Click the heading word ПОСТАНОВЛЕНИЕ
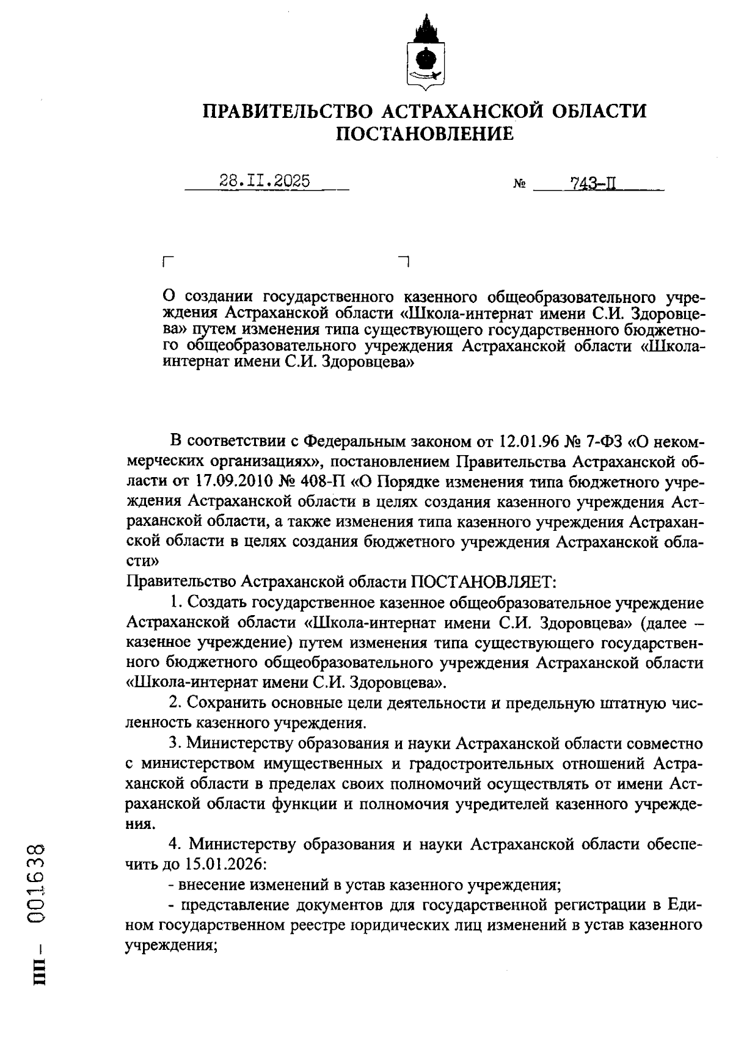coord(425,134)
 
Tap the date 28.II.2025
coord(264,181)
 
